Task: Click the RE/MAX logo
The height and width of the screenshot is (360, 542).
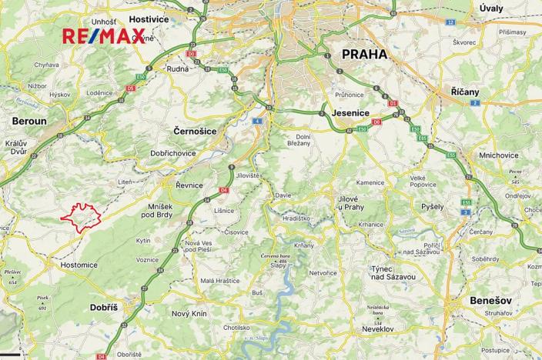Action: (103, 36)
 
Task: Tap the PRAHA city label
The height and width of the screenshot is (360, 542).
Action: (360, 55)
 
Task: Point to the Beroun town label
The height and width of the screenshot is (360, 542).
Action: (29, 121)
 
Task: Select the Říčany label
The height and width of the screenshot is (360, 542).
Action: (464, 92)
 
